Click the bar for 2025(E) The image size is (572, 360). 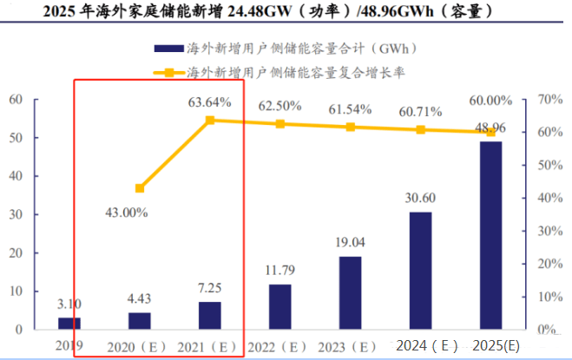click(490, 235)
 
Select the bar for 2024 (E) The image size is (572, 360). click(420, 271)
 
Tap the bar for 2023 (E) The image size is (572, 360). click(350, 292)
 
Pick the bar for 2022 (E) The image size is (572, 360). click(279, 306)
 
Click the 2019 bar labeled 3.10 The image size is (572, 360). click(69, 323)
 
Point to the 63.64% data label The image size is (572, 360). click(210, 102)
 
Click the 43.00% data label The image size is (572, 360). click(126, 212)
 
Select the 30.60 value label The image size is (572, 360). click(420, 198)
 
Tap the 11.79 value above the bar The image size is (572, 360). click(279, 271)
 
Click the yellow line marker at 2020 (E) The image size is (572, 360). click(140, 188)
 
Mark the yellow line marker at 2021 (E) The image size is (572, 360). click(210, 120)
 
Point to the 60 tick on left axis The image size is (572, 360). click(16, 100)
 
